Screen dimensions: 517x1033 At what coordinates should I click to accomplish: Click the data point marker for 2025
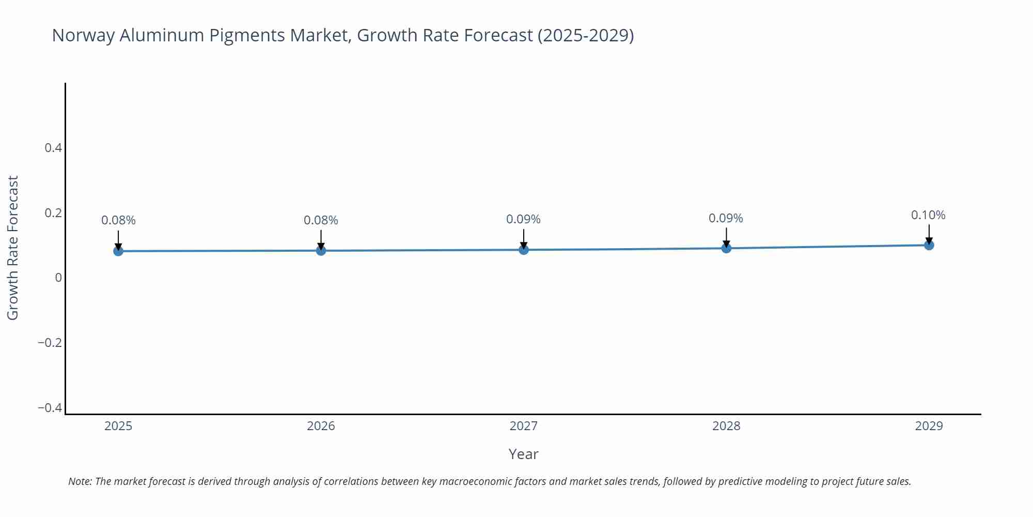coord(118,251)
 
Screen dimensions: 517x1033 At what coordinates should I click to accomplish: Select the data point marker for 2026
coord(321,251)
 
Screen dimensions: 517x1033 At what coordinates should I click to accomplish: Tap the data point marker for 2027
coord(524,250)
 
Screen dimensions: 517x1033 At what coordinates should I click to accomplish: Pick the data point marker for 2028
coord(726,248)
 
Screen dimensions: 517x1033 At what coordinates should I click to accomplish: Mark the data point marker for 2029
coord(929,245)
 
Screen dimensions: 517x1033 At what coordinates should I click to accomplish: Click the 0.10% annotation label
coord(928,215)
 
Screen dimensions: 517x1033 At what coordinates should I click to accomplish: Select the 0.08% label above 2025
coord(118,220)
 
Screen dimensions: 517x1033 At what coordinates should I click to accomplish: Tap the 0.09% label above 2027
coord(523,219)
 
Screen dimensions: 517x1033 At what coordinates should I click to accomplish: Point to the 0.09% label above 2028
coord(726,218)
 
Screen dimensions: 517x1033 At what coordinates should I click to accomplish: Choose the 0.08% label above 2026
coord(321,220)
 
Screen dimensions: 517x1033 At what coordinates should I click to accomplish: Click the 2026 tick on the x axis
coord(321,426)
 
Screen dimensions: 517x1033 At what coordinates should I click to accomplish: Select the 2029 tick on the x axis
coord(929,426)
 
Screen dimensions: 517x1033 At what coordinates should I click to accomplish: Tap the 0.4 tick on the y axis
coord(53,148)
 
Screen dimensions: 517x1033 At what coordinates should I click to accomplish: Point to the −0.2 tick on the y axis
coord(50,343)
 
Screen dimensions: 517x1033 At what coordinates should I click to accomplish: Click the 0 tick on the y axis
coord(58,278)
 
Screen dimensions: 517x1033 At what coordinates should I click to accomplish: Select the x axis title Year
coord(523,454)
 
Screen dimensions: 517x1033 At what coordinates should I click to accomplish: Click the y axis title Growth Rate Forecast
coord(13,248)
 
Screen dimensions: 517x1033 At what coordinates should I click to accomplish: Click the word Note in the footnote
coord(80,481)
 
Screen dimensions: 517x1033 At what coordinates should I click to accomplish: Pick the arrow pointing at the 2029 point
coord(929,234)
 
